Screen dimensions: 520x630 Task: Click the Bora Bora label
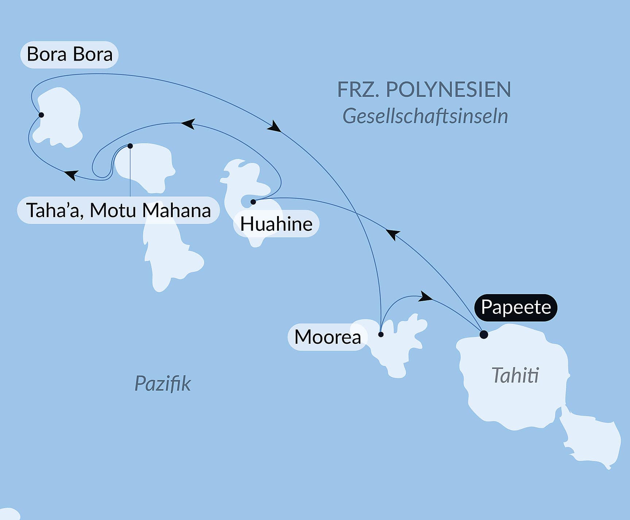(69, 55)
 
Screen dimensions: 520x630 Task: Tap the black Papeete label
(516, 307)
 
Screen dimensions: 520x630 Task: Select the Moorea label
(327, 337)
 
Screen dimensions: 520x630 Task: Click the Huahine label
(276, 224)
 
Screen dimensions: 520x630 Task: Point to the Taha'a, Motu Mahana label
(118, 210)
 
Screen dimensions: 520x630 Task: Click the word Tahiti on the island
(515, 375)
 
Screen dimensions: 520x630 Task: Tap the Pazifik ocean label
(163, 384)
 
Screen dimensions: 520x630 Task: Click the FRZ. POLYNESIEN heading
(424, 90)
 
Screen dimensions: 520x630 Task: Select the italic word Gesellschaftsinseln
(425, 116)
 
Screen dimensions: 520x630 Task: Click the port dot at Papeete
(484, 334)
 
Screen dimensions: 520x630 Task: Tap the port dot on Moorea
(381, 334)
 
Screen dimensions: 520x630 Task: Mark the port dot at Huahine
(253, 202)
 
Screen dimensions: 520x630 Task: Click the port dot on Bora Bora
(41, 115)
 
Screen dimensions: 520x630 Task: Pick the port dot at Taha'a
(130, 146)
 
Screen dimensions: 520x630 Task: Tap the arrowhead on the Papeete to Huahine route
(393, 234)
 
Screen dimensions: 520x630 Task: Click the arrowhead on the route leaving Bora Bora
(274, 126)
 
